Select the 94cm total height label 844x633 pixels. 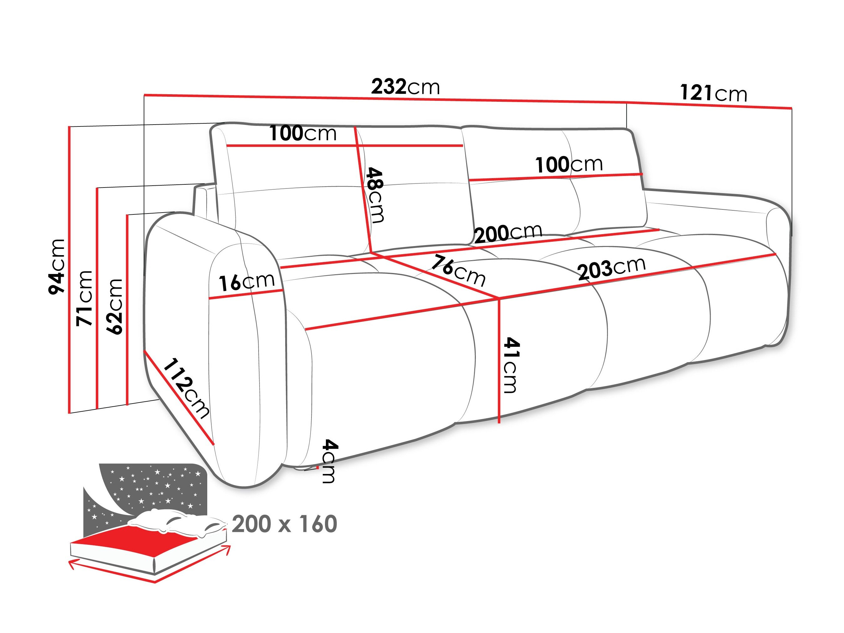point(56,267)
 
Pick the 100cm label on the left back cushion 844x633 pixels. point(303,134)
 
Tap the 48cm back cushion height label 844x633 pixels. point(374,195)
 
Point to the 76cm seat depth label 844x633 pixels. point(458,271)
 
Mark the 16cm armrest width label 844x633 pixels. point(246,282)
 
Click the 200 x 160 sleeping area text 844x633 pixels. point(284,524)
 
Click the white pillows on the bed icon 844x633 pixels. point(176,522)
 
